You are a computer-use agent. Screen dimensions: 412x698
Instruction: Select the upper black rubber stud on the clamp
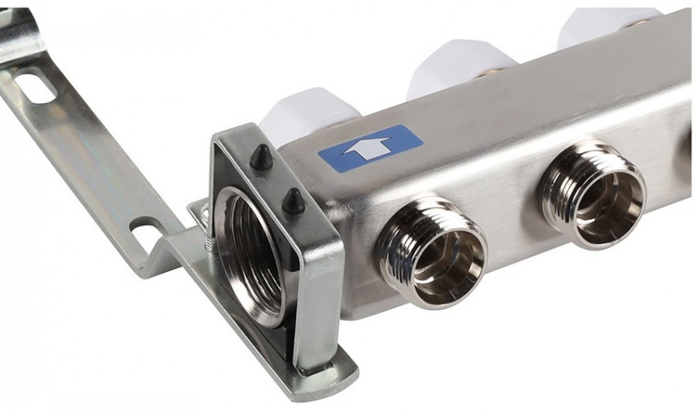pyautogui.click(x=262, y=157)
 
